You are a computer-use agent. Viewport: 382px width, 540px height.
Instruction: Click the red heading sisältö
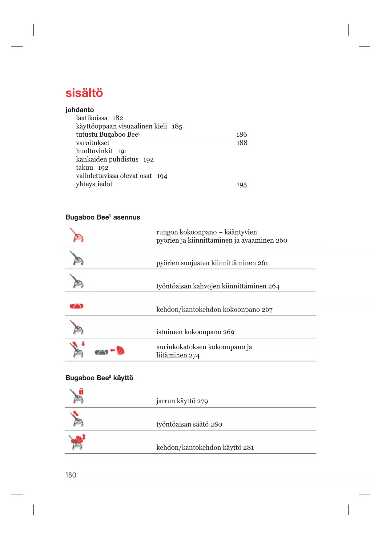tap(84, 93)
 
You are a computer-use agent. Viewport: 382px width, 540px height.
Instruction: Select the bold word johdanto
tap(79, 110)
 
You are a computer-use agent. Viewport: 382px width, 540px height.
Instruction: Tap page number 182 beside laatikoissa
tap(118, 118)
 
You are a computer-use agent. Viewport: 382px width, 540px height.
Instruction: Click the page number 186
tap(242, 135)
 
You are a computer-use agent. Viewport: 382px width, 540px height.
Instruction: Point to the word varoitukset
tap(93, 143)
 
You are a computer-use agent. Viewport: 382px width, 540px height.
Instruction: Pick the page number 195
tap(242, 185)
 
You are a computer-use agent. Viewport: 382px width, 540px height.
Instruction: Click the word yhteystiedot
tap(94, 184)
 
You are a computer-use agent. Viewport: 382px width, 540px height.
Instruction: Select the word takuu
tap(84, 168)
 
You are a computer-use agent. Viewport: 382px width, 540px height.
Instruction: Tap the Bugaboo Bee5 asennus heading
tap(103, 217)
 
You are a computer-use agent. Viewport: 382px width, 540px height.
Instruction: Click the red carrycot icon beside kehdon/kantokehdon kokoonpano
tap(77, 306)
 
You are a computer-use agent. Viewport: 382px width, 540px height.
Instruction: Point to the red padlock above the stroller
tap(81, 391)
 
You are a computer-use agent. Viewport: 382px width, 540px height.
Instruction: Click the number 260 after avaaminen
tap(281, 240)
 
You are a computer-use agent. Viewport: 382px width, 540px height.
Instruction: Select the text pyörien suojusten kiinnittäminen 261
tap(212, 263)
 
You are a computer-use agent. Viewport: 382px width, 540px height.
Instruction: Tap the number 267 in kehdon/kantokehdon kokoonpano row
tap(267, 310)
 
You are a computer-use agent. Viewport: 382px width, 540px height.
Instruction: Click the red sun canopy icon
tap(121, 350)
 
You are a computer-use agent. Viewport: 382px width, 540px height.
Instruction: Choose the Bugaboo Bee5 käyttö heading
tap(99, 378)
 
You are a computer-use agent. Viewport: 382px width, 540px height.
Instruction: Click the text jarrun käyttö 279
tap(182, 401)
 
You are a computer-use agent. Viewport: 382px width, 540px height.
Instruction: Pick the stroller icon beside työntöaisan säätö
tap(77, 419)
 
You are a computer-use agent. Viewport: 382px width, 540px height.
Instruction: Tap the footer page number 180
tap(71, 475)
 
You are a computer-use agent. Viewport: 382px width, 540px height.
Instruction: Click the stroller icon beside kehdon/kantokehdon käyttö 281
tap(77, 442)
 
